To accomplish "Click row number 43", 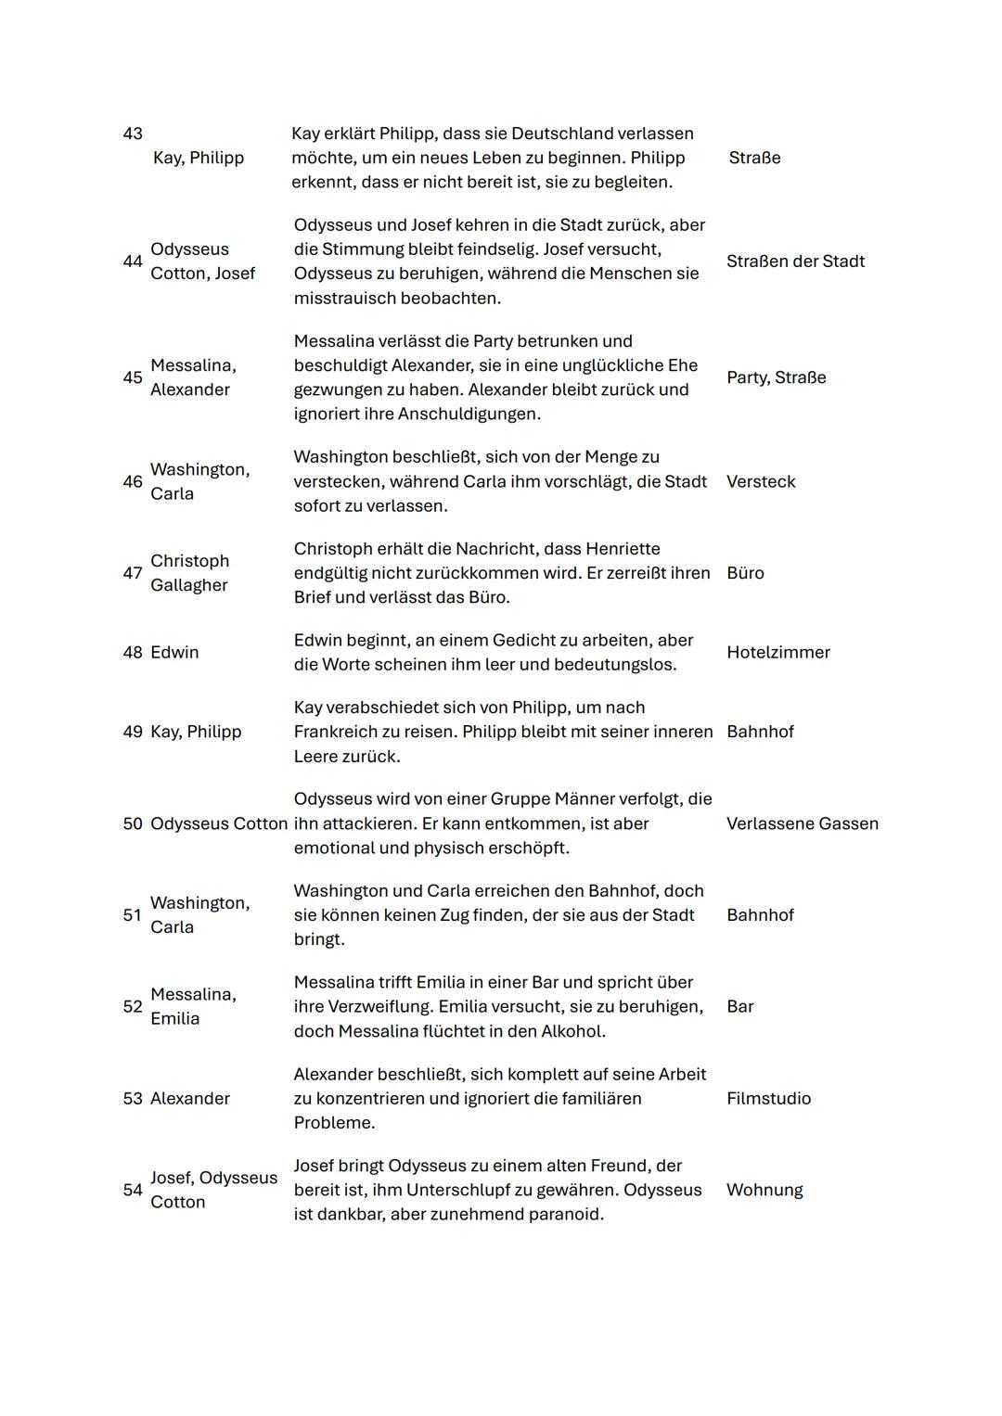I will (x=133, y=134).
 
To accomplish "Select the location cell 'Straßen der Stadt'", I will (x=795, y=262).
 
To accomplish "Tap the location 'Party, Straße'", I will (x=776, y=377).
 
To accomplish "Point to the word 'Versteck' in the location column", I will (x=761, y=482).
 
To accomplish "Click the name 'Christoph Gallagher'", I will (x=189, y=573).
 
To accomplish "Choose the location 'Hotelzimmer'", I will (x=777, y=653).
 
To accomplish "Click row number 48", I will (x=133, y=653).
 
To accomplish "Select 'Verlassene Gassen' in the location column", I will (x=802, y=823).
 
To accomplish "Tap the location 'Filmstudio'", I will (x=768, y=1099).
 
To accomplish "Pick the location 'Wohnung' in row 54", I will (x=764, y=1190).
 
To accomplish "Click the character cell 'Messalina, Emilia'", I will (x=193, y=1006).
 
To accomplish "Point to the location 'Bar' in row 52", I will (x=739, y=1007).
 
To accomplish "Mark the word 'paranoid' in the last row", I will (x=566, y=1215).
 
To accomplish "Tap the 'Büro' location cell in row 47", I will (x=745, y=573).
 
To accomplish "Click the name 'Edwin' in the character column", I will (x=174, y=653).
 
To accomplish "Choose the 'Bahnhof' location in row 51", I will (x=760, y=915).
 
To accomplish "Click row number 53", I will (x=133, y=1099).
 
